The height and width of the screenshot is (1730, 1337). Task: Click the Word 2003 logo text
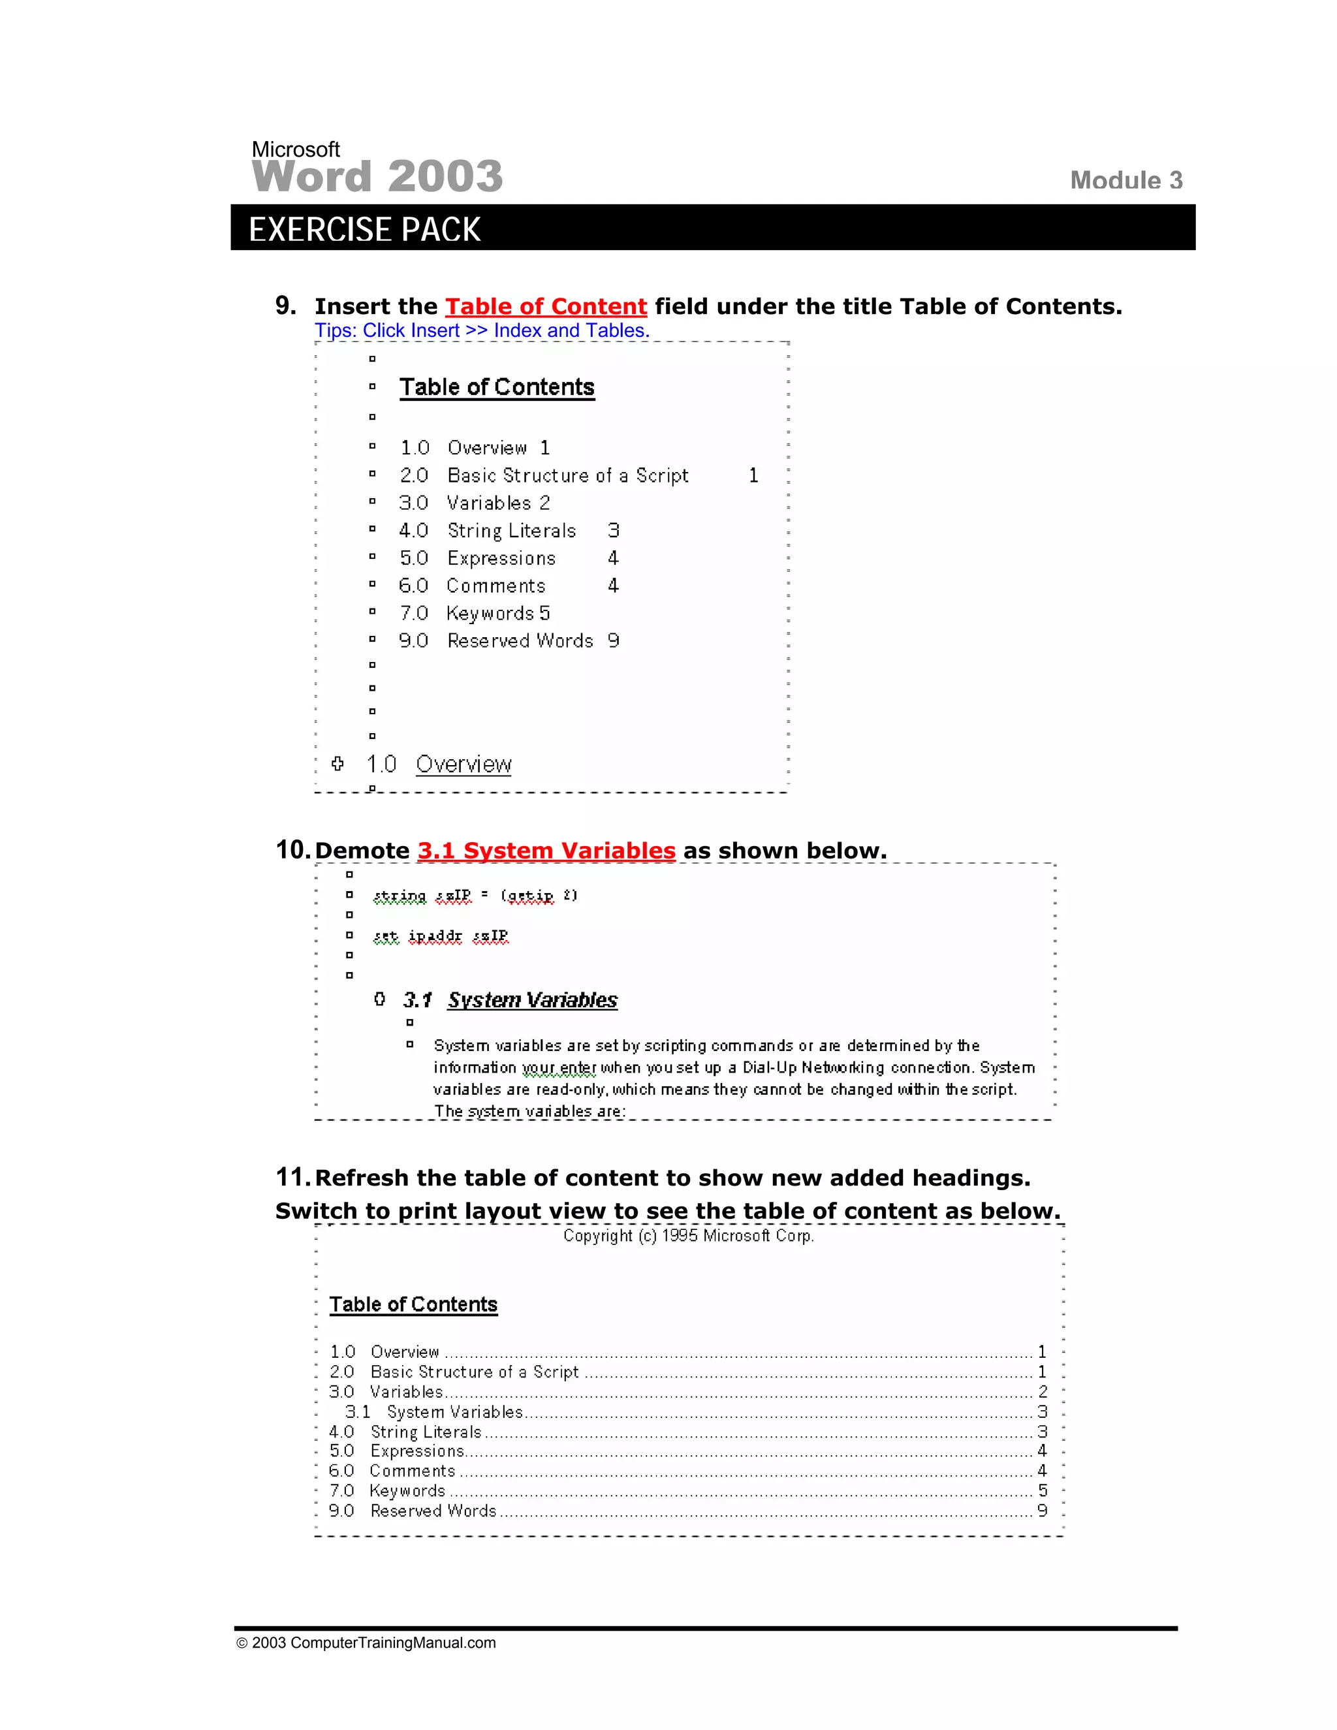coord(377,176)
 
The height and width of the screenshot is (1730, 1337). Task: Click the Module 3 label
coord(1125,181)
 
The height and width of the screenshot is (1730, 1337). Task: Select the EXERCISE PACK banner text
coord(364,230)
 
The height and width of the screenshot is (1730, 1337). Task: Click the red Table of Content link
coord(546,307)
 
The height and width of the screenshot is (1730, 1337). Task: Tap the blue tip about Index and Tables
coord(482,330)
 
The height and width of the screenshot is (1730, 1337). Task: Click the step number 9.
coord(285,306)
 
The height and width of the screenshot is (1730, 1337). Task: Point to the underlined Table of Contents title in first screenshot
coord(497,387)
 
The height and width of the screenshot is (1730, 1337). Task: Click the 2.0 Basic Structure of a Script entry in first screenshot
coord(567,475)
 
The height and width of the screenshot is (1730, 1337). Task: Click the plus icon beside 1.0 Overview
coord(338,764)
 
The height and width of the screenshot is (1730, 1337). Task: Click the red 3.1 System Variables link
coord(546,851)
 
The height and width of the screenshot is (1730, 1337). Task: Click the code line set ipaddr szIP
coord(441,936)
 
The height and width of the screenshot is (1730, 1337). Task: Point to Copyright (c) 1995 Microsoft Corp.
coord(688,1236)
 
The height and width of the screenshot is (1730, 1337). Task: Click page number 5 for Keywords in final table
coord(1043,1491)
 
